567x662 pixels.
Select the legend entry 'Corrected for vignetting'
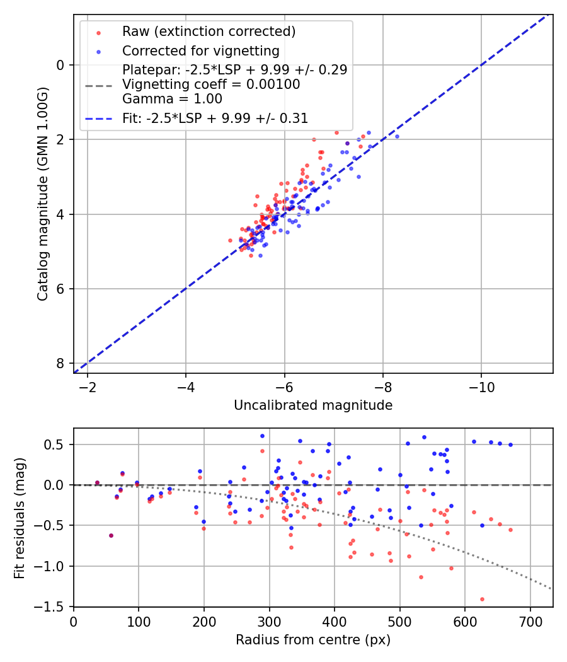coord(200,50)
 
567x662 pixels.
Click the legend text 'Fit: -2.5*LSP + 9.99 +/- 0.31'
coord(215,118)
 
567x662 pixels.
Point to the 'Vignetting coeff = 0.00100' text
coord(211,84)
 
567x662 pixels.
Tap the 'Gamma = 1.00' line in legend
coord(172,99)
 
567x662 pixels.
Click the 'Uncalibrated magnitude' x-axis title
coord(313,405)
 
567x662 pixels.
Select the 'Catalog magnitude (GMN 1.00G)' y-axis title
coord(42,194)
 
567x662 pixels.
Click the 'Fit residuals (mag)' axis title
coord(20,518)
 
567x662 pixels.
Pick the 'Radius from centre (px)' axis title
coord(313,640)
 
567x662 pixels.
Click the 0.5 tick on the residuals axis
coord(56,444)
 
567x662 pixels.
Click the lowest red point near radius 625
coord(482,599)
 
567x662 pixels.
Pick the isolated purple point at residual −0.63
coord(111,535)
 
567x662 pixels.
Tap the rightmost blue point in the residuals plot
coord(510,444)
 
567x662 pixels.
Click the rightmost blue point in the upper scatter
coord(397,136)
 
